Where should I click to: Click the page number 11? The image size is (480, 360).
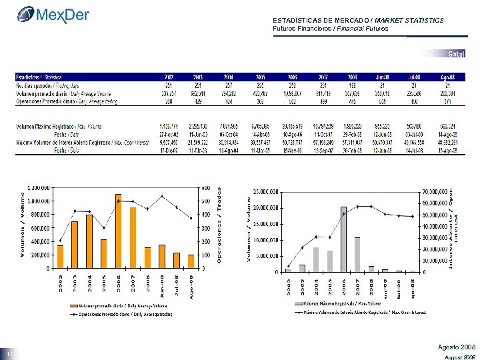pos(10,353)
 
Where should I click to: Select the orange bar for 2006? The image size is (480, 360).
pos(118,231)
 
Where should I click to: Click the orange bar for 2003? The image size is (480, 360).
pos(75,245)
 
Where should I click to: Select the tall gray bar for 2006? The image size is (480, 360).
pos(343,239)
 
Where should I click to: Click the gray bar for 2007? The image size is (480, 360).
pos(357,255)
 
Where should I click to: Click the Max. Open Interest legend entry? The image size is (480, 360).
pos(363,311)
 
